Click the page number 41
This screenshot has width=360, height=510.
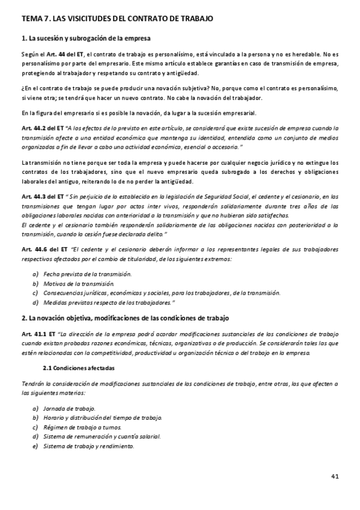[335, 477]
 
